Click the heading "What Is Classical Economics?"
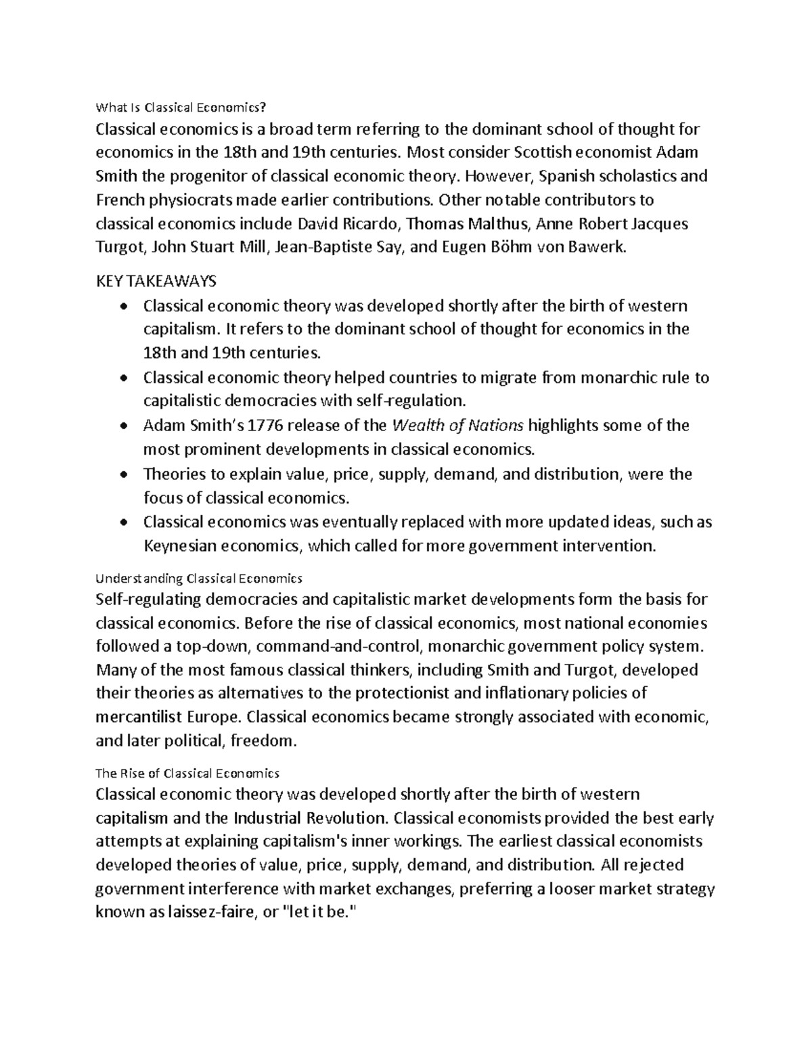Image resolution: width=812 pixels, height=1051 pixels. tap(181, 107)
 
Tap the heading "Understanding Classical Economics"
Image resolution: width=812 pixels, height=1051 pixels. tap(199, 579)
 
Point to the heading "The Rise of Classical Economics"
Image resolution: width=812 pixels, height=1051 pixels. tap(187, 773)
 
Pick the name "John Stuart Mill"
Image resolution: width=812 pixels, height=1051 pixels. tap(210, 248)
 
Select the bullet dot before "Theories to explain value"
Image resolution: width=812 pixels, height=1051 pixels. tap(122, 475)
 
